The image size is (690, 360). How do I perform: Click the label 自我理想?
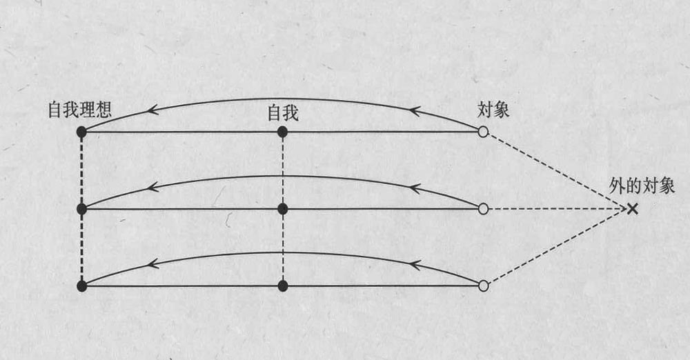80,110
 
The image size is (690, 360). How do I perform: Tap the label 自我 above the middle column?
282,112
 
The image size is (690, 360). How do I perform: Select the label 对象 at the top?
493,110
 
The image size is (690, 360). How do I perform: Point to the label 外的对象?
642,186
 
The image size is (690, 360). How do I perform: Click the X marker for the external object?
632,208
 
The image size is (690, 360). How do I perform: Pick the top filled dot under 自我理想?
81,131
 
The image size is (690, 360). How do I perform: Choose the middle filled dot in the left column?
81,208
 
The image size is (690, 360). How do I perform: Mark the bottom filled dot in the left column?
81,286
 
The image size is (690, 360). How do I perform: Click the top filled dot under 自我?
282,131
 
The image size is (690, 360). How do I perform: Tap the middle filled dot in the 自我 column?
282,208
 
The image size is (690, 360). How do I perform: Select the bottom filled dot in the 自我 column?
282,286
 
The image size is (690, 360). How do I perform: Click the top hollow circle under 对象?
483,131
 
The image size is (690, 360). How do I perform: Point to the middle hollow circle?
483,208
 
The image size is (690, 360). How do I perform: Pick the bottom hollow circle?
483,286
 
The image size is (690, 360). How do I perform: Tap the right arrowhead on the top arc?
413,109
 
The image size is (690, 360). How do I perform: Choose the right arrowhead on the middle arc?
413,187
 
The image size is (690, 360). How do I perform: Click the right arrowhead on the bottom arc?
413,263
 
